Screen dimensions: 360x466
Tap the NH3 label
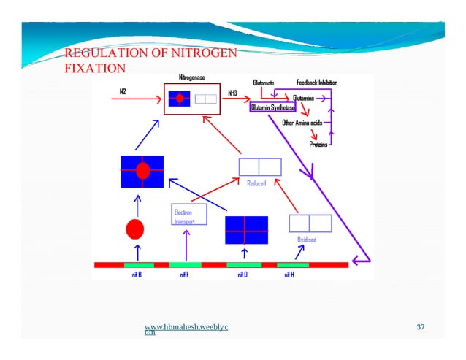click(232, 93)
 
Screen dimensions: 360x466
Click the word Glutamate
click(264, 83)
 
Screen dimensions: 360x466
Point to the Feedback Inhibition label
click(316, 83)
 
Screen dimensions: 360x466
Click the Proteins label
click(318, 144)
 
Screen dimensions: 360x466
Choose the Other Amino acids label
click(302, 123)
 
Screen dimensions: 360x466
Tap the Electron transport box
click(188, 214)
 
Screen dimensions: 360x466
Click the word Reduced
click(256, 183)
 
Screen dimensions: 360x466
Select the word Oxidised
click(306, 240)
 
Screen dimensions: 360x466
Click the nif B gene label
click(137, 275)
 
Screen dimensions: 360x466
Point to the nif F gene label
click(185, 275)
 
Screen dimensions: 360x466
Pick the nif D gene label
click(242, 275)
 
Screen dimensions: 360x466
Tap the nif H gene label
click(289, 275)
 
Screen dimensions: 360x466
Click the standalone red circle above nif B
click(134, 229)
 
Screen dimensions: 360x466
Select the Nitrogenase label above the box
click(191, 77)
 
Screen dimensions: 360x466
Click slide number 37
click(420, 326)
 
